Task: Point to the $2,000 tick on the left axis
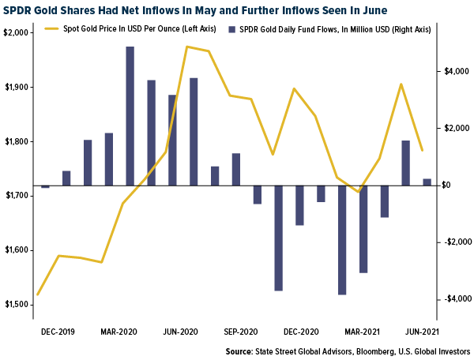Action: pyautogui.click(x=16, y=33)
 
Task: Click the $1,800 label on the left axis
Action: pyautogui.click(x=16, y=142)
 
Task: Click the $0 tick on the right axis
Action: pyautogui.click(x=447, y=185)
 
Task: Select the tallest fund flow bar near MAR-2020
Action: pyautogui.click(x=130, y=117)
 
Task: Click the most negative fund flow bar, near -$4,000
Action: pyautogui.click(x=342, y=240)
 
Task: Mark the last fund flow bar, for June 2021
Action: pyautogui.click(x=427, y=182)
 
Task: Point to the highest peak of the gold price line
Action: pyautogui.click(x=187, y=47)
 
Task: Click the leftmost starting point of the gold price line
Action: pyautogui.click(x=37, y=294)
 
